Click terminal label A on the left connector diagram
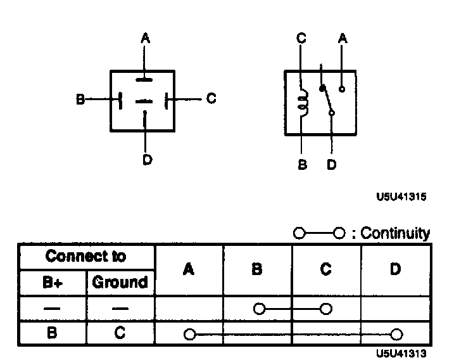pyautogui.click(x=145, y=39)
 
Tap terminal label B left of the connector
pyautogui.click(x=80, y=100)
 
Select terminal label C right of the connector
pyautogui.click(x=211, y=99)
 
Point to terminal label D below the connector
pyautogui.click(x=147, y=160)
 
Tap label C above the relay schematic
pyautogui.click(x=301, y=39)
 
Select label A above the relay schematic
pyautogui.click(x=343, y=39)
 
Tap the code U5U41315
pyautogui.click(x=401, y=197)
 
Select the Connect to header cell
pyautogui.click(x=86, y=257)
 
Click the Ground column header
pyautogui.click(x=120, y=282)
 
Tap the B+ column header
pyautogui.click(x=53, y=282)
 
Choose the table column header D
pyautogui.click(x=396, y=269)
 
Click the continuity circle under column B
pyautogui.click(x=258, y=309)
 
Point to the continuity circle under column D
pyautogui.click(x=396, y=334)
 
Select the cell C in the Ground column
pyautogui.click(x=120, y=333)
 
